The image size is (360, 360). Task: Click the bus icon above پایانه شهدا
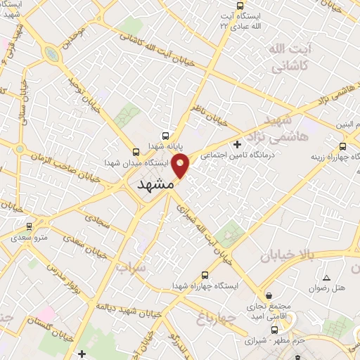165,135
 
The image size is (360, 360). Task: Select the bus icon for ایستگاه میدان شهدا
136,151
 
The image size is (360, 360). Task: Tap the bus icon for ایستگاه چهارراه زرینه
342,146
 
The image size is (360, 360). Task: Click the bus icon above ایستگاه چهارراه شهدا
205,275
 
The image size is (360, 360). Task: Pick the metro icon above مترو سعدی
29,226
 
